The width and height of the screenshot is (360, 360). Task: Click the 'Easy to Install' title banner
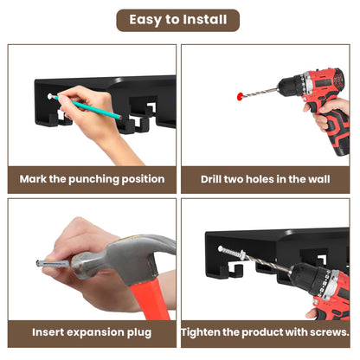tap(178, 20)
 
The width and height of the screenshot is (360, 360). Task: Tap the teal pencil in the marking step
tap(87, 106)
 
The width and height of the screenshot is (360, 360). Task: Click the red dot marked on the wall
tap(240, 96)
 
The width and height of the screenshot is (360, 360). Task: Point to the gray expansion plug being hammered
tap(54, 263)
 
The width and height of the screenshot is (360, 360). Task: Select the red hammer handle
tap(150, 300)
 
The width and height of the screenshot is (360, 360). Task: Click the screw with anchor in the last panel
tap(232, 252)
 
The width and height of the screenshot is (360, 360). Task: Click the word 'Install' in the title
tap(205, 20)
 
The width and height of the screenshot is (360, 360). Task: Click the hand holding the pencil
tap(87, 115)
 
